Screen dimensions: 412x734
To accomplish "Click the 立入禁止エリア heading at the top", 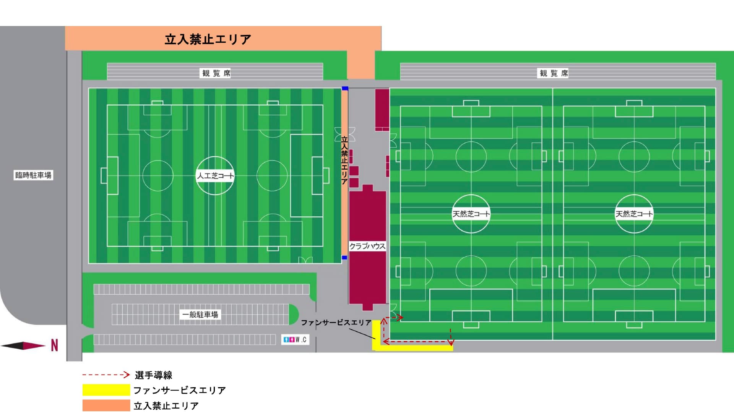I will (x=208, y=39).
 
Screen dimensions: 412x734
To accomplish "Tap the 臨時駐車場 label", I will (x=33, y=175).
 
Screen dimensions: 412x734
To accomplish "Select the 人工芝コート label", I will (x=215, y=176).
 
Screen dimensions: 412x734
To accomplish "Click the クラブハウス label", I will (x=367, y=246).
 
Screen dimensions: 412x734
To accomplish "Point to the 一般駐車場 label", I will (x=200, y=315).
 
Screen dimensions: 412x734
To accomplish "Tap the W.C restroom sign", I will (x=295, y=339).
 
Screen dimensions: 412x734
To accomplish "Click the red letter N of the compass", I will (x=55, y=345).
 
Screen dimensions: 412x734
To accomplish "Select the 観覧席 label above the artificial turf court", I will (x=216, y=73).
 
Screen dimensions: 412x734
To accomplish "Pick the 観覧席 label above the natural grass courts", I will (x=554, y=73).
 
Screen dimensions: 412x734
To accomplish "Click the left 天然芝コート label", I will (x=471, y=214).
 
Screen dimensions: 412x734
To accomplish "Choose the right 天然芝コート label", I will (x=634, y=214).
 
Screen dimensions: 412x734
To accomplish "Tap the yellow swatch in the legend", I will (x=106, y=390).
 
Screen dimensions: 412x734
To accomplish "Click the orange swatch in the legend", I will (x=106, y=405).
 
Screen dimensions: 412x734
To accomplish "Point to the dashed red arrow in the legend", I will (x=106, y=375).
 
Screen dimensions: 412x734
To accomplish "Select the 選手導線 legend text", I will (x=153, y=375).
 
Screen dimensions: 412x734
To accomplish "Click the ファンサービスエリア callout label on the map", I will (x=336, y=323).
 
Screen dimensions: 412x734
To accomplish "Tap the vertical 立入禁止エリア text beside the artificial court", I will (x=344, y=161).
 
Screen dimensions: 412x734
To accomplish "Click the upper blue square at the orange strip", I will (x=345, y=89).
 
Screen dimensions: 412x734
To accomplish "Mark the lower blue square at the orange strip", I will (x=344, y=258).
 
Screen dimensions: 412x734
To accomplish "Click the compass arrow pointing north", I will (x=23, y=345).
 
